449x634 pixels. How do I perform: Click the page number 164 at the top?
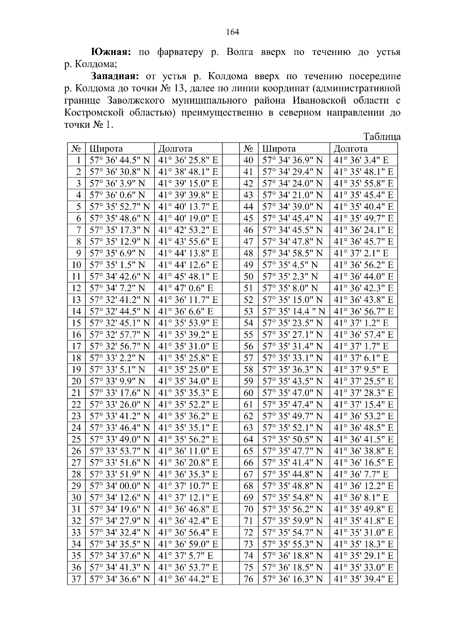232,32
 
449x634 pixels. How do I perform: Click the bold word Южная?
111,52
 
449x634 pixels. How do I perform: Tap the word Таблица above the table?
382,137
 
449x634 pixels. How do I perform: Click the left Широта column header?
106,149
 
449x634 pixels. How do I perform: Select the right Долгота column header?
351,149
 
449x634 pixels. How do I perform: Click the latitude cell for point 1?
119,161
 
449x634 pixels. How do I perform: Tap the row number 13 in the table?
76,300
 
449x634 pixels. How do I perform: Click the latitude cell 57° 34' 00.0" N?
119,486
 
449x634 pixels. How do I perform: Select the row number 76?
248,579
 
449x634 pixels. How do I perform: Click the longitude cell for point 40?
361,161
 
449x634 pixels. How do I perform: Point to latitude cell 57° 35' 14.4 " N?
293,312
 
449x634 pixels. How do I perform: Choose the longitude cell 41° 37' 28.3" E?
363,393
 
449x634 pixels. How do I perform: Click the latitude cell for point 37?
119,579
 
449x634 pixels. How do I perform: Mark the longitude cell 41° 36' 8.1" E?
361,498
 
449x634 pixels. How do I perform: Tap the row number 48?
248,254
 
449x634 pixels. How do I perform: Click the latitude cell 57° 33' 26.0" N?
119,405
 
